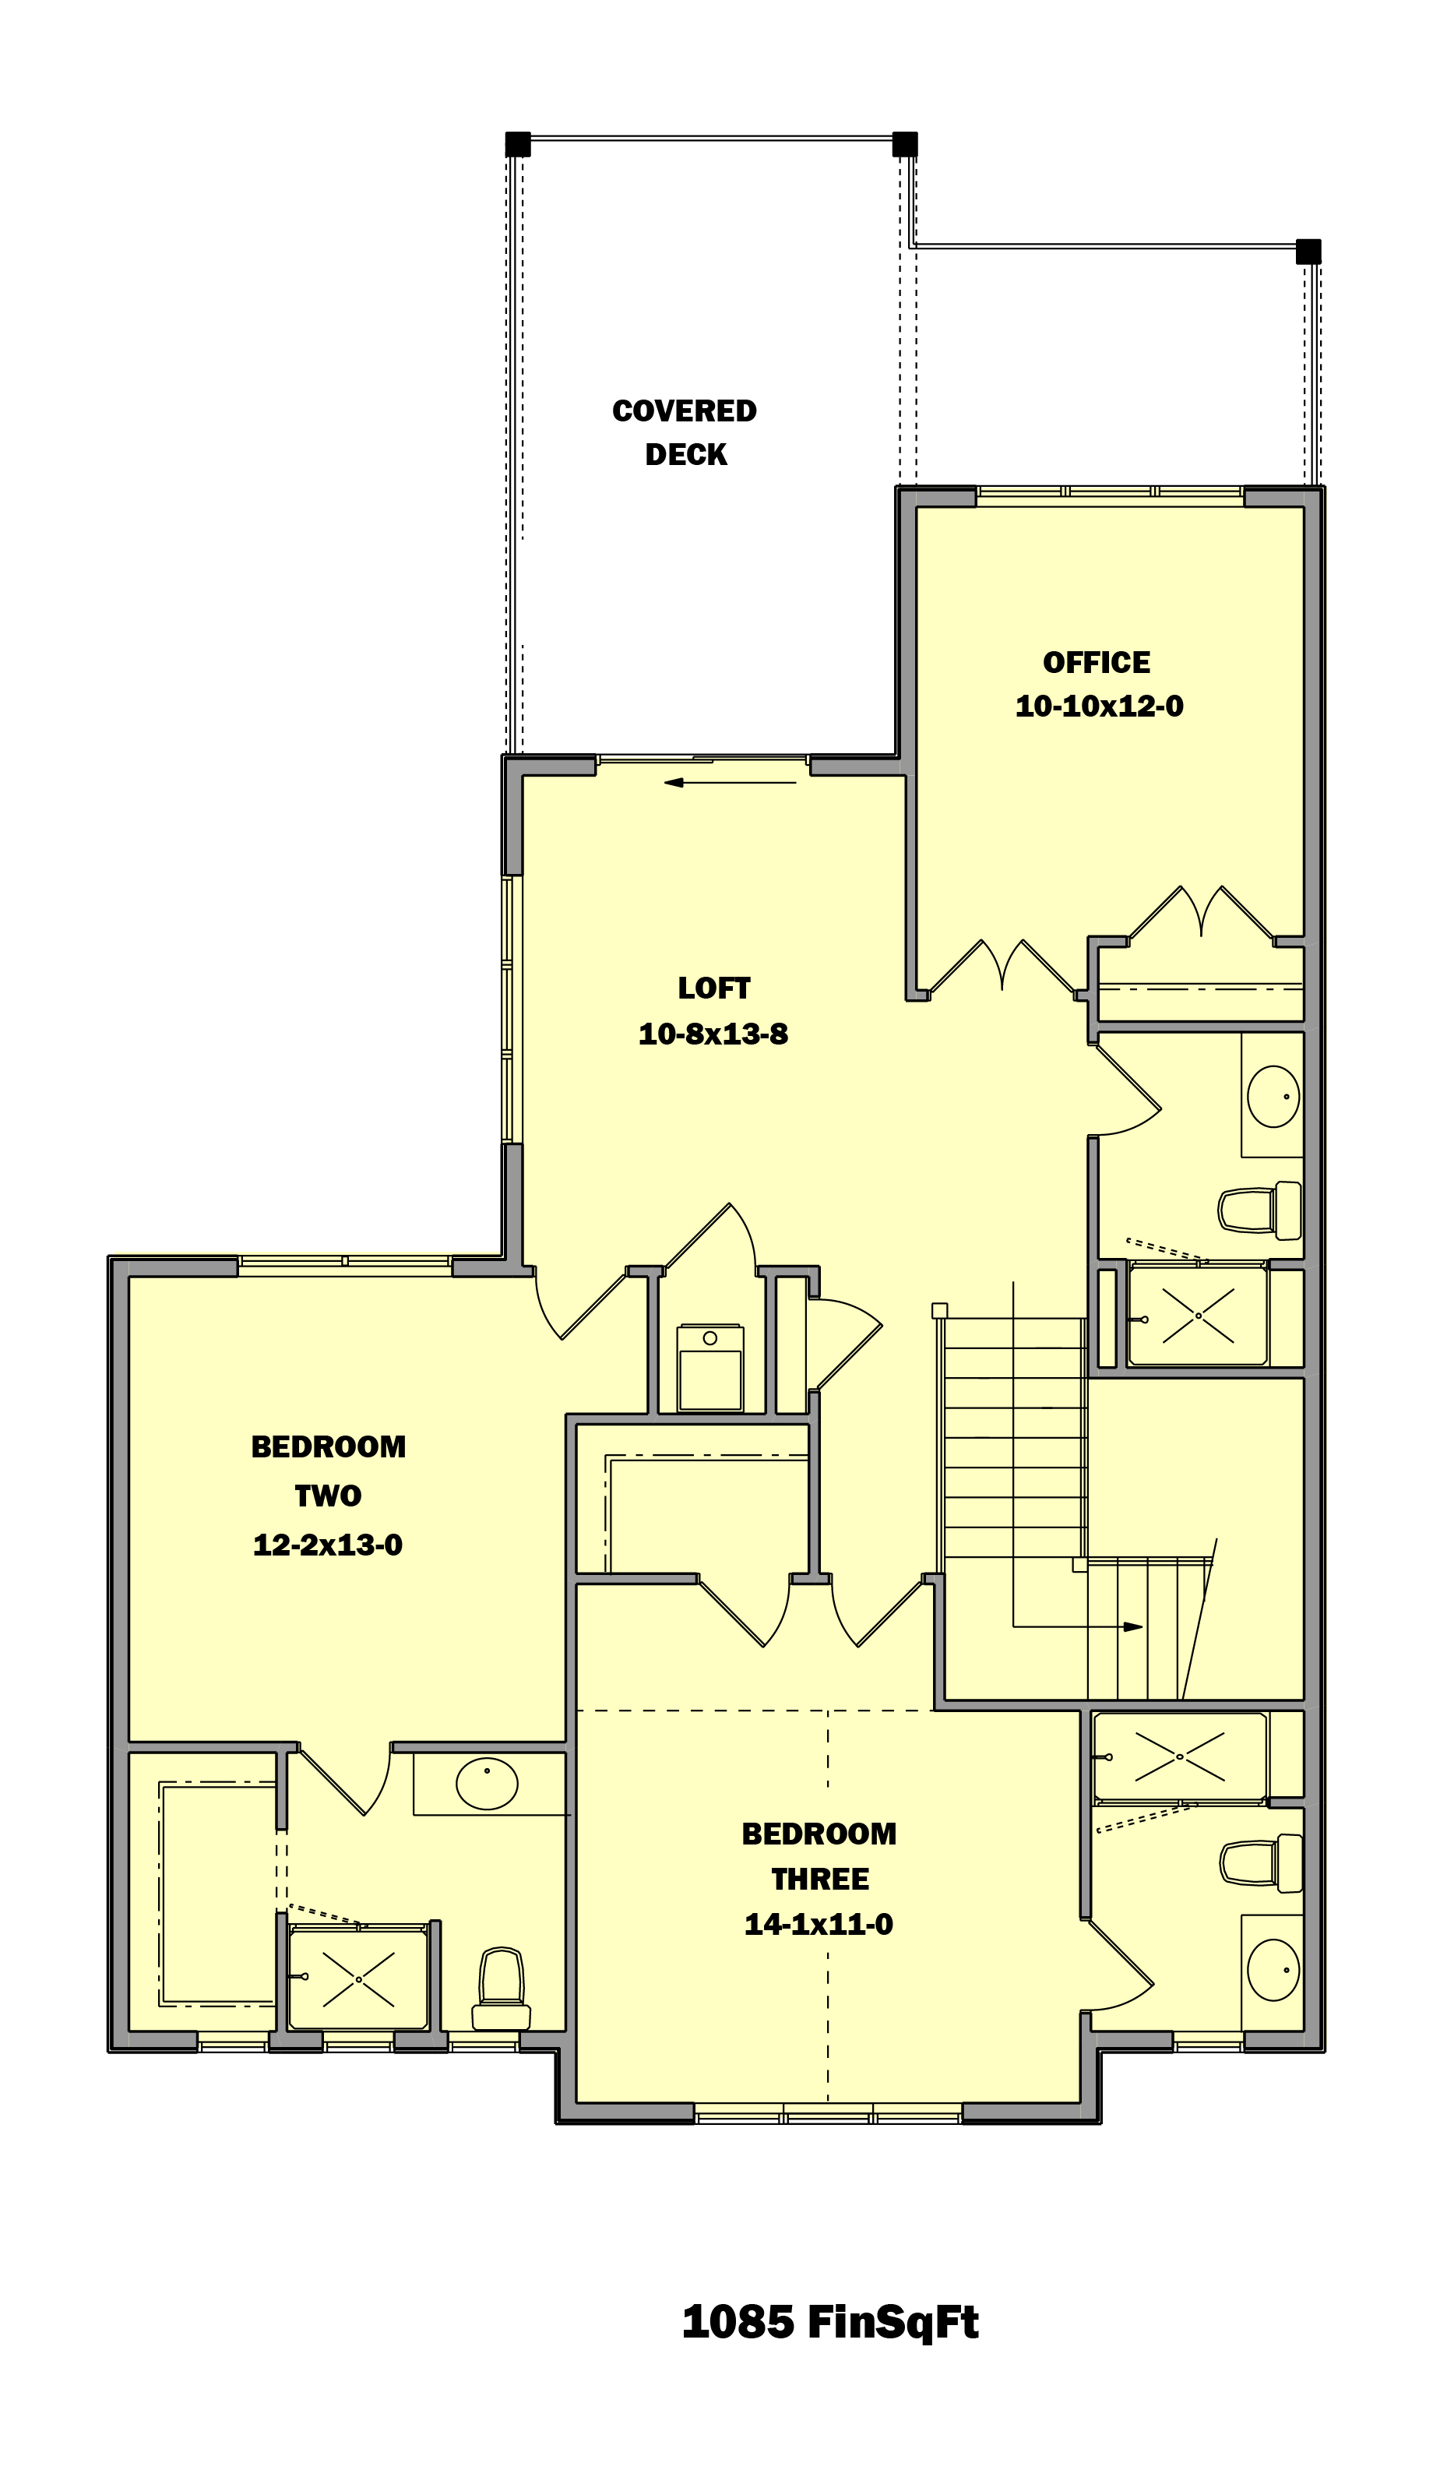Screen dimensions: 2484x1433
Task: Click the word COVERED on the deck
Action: click(x=684, y=410)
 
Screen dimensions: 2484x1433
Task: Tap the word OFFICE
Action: click(x=1097, y=662)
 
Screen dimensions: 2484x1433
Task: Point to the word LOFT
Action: click(x=713, y=988)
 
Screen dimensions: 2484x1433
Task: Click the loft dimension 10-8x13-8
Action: click(x=713, y=1034)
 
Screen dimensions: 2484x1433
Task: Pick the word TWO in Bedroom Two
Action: click(x=328, y=1496)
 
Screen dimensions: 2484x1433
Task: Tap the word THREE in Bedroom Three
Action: click(x=820, y=1879)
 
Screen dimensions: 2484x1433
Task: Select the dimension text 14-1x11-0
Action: click(x=818, y=1924)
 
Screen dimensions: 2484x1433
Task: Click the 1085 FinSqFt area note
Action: click(x=829, y=2323)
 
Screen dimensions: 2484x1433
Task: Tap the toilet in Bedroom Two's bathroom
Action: click(x=501, y=1988)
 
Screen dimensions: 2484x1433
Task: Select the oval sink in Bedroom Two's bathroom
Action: click(x=486, y=1782)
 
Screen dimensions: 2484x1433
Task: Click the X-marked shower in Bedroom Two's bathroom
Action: click(x=358, y=1979)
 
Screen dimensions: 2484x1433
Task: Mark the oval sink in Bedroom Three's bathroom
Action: click(x=1273, y=1970)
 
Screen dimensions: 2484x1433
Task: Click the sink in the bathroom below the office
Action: click(x=1273, y=1095)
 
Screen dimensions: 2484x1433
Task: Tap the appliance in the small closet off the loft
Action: click(x=709, y=1368)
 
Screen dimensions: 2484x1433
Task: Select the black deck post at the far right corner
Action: click(x=1308, y=251)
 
